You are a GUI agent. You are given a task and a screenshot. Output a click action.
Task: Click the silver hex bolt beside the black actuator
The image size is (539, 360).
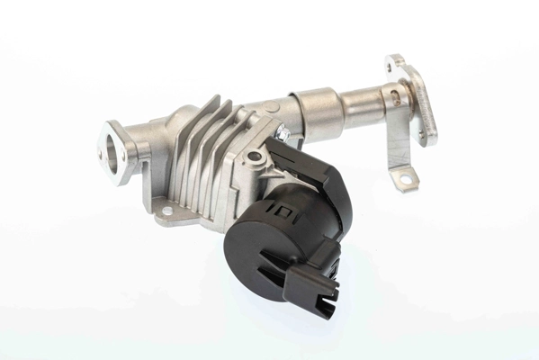click(x=283, y=134)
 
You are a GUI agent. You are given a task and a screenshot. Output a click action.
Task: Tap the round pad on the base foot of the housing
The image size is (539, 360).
click(x=165, y=212)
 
